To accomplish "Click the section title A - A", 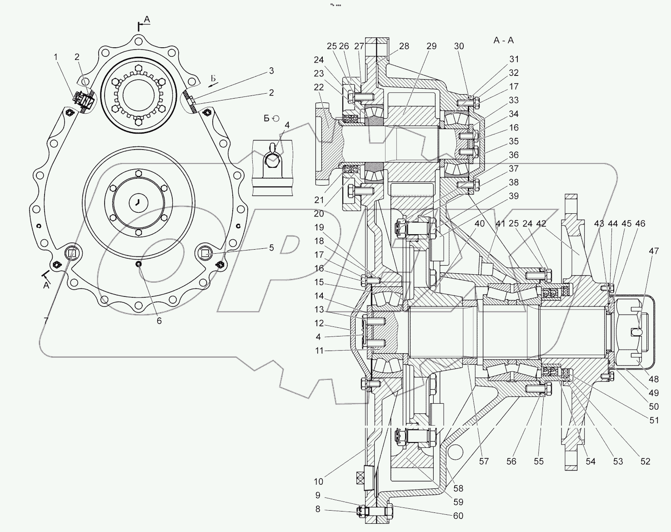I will [x=503, y=40].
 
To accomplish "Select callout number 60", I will [x=457, y=516].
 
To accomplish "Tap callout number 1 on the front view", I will [x=56, y=57].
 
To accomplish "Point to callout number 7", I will [x=46, y=321].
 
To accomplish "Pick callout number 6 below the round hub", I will [x=159, y=320].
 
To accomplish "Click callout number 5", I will [x=271, y=248].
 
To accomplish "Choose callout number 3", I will [x=271, y=70].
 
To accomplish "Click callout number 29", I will [x=431, y=46].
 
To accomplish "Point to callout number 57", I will [x=484, y=462].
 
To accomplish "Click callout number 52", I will [x=645, y=462].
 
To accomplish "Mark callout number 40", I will [x=480, y=224].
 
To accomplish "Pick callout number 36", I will [x=514, y=155].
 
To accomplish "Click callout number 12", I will [x=319, y=323].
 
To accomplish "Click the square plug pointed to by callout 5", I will [x=205, y=253].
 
